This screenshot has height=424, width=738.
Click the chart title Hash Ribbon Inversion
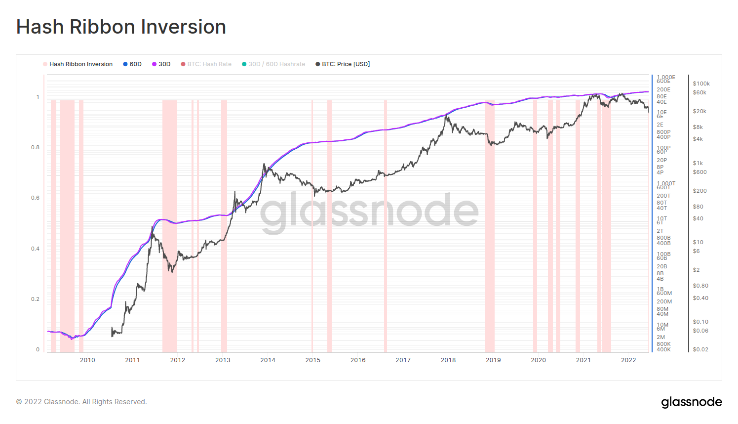121,27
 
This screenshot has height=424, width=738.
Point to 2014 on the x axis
268,360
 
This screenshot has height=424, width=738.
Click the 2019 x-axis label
493,360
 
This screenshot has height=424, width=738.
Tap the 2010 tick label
87,360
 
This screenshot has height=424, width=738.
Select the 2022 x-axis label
628,360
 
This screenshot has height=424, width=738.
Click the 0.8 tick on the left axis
35,147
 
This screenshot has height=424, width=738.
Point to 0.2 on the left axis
35,299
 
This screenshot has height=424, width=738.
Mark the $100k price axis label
701,84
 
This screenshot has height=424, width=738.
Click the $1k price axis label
698,163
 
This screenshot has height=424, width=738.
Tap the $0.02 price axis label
700,349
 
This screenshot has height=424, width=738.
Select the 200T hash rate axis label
663,196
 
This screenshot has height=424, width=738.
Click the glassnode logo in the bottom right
691,402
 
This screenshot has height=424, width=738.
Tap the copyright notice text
81,402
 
